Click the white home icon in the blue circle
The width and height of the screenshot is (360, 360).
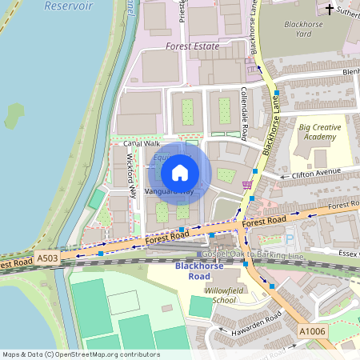[180, 173]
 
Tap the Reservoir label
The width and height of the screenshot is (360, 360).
[70, 6]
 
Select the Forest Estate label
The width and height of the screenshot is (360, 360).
[192, 46]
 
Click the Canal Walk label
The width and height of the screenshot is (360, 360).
[142, 143]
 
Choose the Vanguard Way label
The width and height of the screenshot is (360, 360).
[170, 192]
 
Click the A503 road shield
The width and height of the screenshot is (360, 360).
[47, 258]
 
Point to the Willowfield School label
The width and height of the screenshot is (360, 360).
[221, 294]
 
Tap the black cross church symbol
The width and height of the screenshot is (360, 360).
[330, 9]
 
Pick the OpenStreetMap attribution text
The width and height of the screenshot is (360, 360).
[82, 354]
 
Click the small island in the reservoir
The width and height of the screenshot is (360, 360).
[14, 116]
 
